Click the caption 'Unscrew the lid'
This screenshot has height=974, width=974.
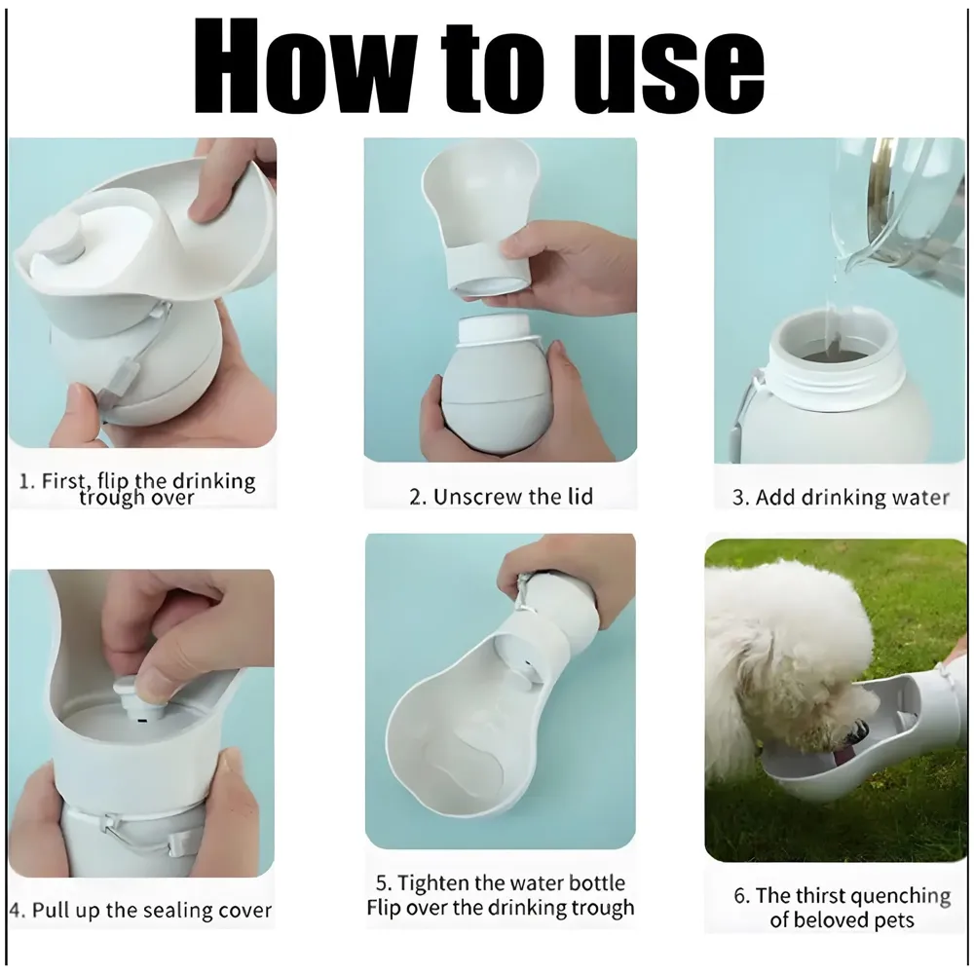click(500, 497)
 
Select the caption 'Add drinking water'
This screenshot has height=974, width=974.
click(840, 498)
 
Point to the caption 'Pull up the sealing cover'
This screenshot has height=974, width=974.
click(141, 912)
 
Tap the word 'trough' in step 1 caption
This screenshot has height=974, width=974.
click(114, 498)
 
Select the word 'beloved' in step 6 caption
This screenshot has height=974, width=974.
click(824, 920)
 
